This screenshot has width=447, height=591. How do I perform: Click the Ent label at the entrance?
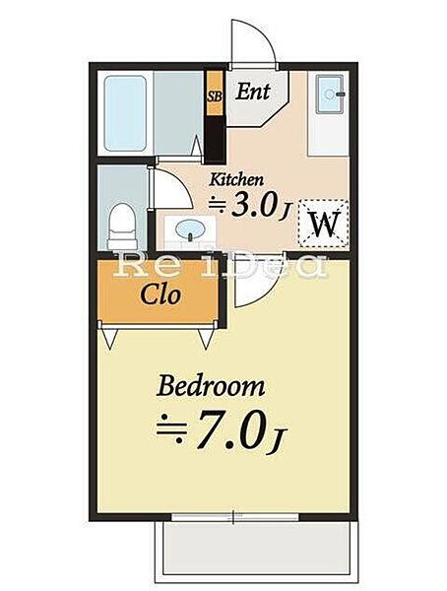point(253,92)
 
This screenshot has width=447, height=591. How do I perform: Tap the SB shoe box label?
point(215,97)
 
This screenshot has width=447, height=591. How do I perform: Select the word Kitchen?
point(236,179)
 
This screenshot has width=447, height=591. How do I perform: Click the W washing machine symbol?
point(324,224)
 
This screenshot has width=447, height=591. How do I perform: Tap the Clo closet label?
point(160,294)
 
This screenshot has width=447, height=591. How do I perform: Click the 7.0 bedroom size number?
point(230,429)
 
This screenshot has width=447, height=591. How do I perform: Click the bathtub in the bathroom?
point(125,113)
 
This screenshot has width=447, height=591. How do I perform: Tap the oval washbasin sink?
point(190,229)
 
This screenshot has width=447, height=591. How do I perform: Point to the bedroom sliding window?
point(234,516)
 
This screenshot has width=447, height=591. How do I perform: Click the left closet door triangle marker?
point(110,339)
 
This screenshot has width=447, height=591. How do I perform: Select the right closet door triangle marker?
point(206,339)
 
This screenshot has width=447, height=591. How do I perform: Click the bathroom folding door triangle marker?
point(196,146)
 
